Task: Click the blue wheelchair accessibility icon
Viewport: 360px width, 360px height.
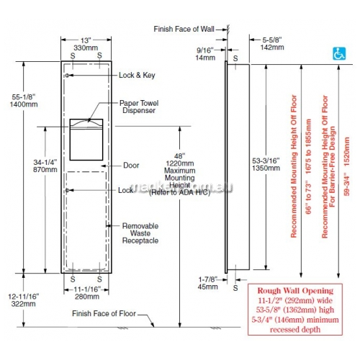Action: pos(339,53)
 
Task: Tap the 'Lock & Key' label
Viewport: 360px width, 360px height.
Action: pos(137,75)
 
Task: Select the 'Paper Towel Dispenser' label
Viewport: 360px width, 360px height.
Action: pos(139,107)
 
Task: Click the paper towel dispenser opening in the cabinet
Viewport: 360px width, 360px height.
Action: pos(86,140)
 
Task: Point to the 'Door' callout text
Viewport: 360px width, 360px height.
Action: pos(131,166)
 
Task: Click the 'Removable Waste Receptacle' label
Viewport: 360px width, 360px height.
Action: pos(140,233)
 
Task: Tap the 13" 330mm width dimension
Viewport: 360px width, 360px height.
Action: pos(86,44)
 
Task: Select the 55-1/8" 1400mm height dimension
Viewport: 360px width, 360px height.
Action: pos(24,101)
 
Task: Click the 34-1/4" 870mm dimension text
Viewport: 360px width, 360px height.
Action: pos(45,166)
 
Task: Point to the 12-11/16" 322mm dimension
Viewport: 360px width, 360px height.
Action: pos(24,300)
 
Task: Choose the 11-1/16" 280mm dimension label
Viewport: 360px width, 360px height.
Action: pos(87,293)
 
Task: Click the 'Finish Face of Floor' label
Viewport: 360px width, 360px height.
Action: pos(104,313)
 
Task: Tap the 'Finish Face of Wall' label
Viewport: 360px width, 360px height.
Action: pos(184,29)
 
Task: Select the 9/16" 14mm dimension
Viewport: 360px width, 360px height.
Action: pos(205,54)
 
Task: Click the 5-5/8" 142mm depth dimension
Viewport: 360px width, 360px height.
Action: pos(272,43)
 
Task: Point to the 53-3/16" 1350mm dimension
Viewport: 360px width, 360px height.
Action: pos(266,164)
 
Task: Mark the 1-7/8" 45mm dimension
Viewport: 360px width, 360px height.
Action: pos(208,283)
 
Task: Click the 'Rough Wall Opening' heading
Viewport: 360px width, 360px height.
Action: pos(295,291)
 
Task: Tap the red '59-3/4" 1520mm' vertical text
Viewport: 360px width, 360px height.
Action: pos(346,166)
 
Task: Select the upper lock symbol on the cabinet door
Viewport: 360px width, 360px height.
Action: pos(68,76)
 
